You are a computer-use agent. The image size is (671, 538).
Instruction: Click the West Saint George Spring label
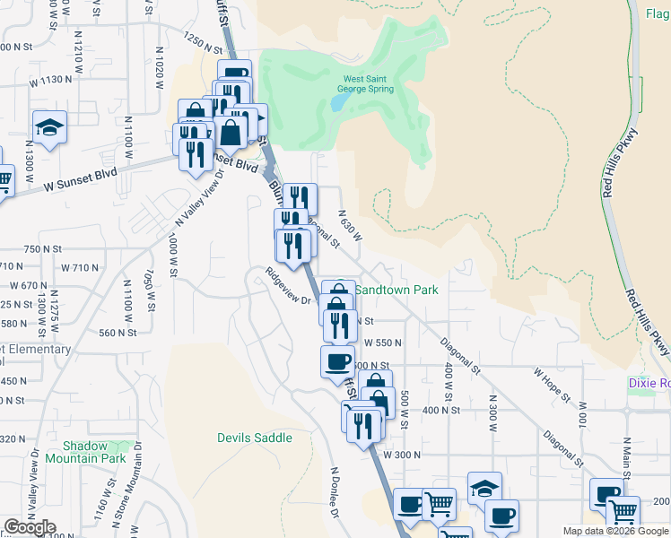tap(364, 83)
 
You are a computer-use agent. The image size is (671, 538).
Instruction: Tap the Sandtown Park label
tap(396, 290)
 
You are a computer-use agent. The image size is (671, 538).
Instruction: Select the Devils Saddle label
tap(255, 438)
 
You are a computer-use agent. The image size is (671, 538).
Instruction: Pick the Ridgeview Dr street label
tap(287, 287)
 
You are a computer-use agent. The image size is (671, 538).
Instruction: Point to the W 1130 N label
tap(49, 80)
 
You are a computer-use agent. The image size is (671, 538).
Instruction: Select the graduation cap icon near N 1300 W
tap(50, 128)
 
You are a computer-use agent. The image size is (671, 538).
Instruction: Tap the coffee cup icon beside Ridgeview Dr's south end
tap(337, 361)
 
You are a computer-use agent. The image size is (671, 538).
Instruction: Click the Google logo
tap(30, 527)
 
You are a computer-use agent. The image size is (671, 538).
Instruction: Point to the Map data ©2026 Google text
tap(615, 531)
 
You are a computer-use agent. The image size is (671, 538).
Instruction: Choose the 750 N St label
tap(46, 248)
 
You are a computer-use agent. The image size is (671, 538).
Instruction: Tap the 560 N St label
tap(118, 332)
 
